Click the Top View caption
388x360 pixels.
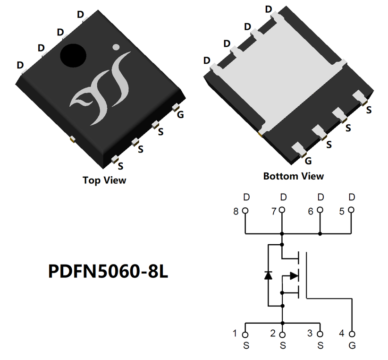(x=104, y=180)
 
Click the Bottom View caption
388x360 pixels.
(x=294, y=176)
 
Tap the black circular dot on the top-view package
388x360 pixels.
(x=73, y=55)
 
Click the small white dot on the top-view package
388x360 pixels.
(x=116, y=47)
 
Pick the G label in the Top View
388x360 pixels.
(x=180, y=115)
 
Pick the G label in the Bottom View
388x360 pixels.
(x=308, y=161)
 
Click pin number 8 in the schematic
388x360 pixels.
(x=236, y=212)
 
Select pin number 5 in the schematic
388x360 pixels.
(x=342, y=212)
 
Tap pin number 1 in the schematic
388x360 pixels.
(x=235, y=334)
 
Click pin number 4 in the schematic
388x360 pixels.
(x=342, y=334)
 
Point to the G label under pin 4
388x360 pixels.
(x=352, y=346)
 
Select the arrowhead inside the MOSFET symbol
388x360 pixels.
(x=294, y=275)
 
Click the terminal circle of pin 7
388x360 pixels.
(x=282, y=210)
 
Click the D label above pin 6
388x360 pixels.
(x=320, y=197)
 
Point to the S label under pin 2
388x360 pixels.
(x=282, y=346)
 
